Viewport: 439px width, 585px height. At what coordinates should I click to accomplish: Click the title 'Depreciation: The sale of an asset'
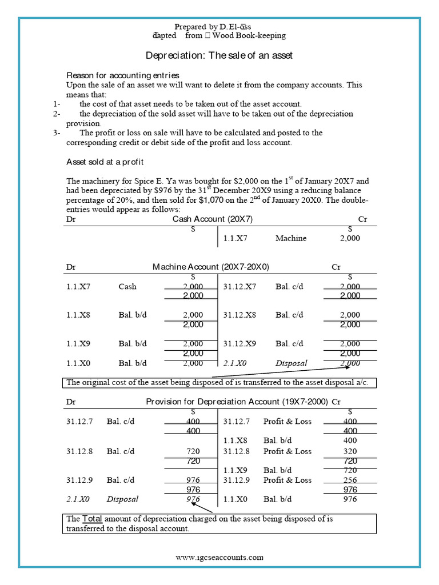coord(219,55)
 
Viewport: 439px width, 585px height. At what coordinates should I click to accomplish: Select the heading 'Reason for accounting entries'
coord(123,75)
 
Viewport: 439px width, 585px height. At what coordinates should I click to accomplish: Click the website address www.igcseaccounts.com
coord(219,557)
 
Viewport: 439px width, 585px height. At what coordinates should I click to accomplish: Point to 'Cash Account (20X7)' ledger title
coord(212,219)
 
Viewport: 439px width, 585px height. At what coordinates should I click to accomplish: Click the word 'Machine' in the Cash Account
coord(290,238)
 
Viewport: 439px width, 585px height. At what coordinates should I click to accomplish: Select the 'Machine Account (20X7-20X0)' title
coord(210,267)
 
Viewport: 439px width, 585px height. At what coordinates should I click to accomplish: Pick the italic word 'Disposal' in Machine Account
coord(291,363)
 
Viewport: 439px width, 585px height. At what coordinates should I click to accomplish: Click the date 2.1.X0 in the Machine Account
coord(235,363)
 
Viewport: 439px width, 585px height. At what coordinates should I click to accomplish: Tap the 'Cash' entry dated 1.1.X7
coord(127,286)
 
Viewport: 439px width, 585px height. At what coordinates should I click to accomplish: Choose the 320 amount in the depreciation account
coord(351,451)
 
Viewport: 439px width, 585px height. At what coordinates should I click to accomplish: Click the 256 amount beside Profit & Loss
coord(351,480)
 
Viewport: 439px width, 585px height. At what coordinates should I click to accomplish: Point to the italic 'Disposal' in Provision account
coord(122,499)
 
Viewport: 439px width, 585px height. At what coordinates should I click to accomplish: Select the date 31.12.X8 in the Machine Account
coord(240,315)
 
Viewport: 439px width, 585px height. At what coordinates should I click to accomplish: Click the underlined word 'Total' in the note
coord(93,519)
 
